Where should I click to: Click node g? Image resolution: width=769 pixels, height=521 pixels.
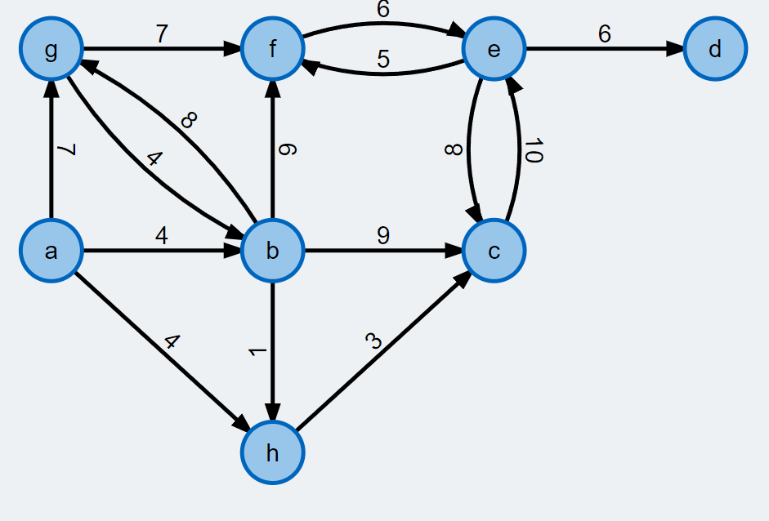click(51, 50)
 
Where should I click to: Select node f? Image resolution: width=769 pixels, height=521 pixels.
click(273, 50)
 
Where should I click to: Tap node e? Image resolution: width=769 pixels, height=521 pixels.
click(494, 50)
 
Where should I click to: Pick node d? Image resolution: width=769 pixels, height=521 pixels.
click(715, 50)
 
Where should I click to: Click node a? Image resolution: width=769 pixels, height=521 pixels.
click(51, 251)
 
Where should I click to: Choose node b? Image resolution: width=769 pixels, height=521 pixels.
click(273, 251)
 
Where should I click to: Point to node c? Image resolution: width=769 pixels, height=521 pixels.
click(494, 251)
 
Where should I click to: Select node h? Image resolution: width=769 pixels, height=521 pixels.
click(273, 452)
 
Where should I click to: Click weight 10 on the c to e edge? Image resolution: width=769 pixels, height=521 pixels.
click(533, 151)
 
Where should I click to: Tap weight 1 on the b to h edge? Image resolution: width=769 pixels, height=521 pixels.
click(258, 351)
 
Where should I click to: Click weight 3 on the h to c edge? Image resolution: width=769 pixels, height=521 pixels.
click(375, 341)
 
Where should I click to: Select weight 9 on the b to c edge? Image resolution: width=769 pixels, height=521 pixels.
click(383, 236)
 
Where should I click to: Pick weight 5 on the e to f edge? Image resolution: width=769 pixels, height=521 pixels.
click(383, 60)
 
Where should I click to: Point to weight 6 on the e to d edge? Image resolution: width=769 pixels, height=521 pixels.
click(605, 34)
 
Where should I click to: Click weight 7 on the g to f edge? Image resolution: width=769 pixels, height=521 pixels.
click(162, 34)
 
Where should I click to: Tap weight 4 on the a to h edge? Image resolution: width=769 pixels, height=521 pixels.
click(171, 341)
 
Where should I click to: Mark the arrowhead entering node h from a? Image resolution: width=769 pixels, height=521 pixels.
click(243, 425)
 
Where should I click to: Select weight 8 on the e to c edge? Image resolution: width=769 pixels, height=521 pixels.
click(455, 151)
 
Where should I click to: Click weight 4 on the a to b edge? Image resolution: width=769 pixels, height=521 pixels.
click(162, 236)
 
